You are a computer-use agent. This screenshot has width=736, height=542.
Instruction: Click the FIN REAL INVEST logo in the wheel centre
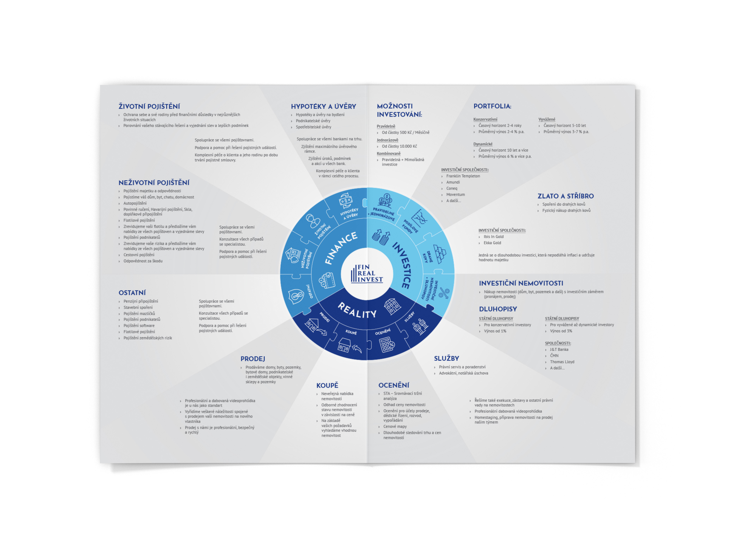pos(367,274)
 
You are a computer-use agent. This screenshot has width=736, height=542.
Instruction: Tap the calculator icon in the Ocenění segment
pos(387,345)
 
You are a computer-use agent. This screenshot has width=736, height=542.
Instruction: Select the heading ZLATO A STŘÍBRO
pos(565,196)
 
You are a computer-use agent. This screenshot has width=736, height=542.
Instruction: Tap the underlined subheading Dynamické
pos(483,144)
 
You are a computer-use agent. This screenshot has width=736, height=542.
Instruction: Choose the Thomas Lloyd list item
pos(562,362)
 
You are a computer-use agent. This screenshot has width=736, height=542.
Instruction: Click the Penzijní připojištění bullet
pos(140,301)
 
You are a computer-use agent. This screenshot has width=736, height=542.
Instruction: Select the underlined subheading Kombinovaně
pos(389,154)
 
